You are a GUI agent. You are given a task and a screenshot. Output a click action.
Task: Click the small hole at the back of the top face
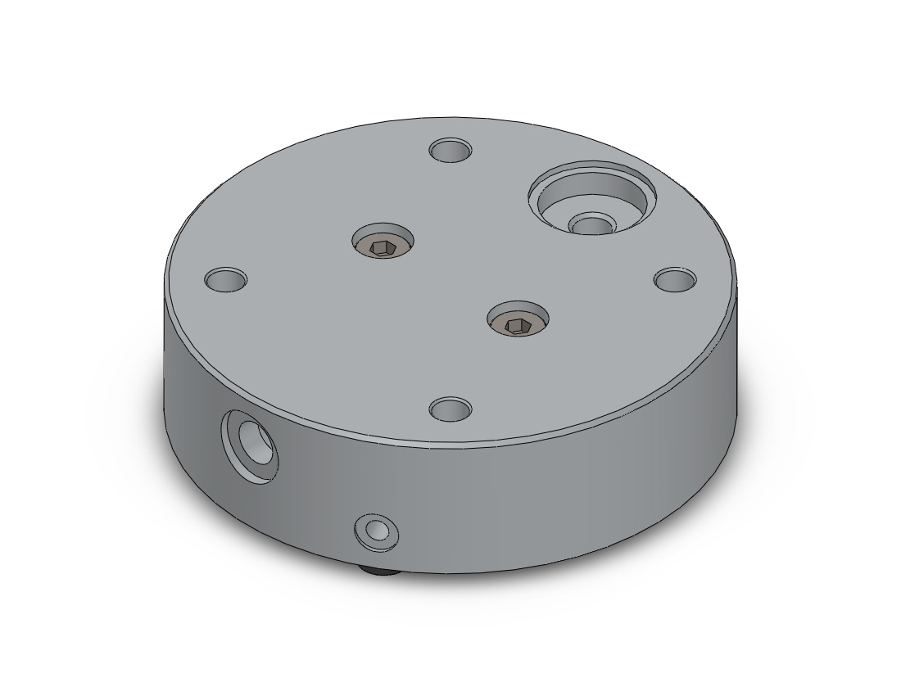(450, 151)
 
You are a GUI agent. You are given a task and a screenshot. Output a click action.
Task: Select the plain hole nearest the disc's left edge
(226, 279)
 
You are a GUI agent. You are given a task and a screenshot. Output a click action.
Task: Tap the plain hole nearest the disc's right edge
(675, 279)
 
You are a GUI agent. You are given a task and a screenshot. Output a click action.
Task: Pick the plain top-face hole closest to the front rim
(450, 408)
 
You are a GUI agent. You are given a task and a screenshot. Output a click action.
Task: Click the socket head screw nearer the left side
(383, 244)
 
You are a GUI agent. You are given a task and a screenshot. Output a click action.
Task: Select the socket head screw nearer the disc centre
(518, 322)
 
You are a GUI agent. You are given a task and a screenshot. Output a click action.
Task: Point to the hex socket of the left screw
(383, 246)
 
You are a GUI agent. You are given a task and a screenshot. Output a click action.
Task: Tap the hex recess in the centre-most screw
(518, 325)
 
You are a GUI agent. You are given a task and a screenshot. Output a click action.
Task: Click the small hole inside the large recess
(591, 224)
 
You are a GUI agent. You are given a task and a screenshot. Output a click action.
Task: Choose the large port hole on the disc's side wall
(250, 446)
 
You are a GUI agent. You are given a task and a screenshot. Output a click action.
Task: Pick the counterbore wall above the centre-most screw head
(518, 309)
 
